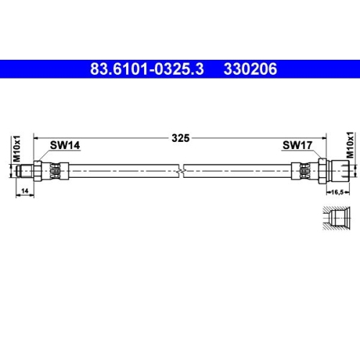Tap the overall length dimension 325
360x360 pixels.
[181, 138]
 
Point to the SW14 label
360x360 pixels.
[64, 145]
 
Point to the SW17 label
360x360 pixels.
[296, 145]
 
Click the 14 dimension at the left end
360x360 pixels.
[24, 190]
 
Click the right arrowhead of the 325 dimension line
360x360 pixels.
[325, 138]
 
